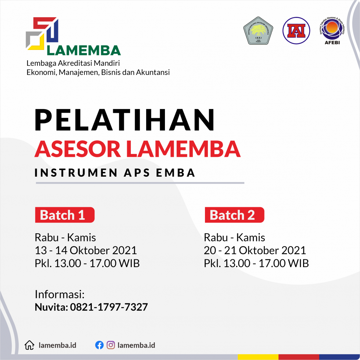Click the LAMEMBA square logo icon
tap(42, 33)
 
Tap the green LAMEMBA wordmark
tap(84, 50)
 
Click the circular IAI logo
tap(296, 30)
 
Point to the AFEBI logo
tap(332, 31)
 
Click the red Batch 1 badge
tap(65, 215)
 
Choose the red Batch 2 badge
tap(234, 215)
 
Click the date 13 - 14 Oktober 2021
tap(86, 251)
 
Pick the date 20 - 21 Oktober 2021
tap(255, 251)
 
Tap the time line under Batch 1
tap(87, 263)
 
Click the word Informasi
tap(60, 294)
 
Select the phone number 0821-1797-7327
tap(108, 307)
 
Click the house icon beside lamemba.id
tap(29, 345)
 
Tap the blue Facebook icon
tap(99, 345)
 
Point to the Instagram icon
tap(111, 345)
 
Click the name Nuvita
tap(50, 307)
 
